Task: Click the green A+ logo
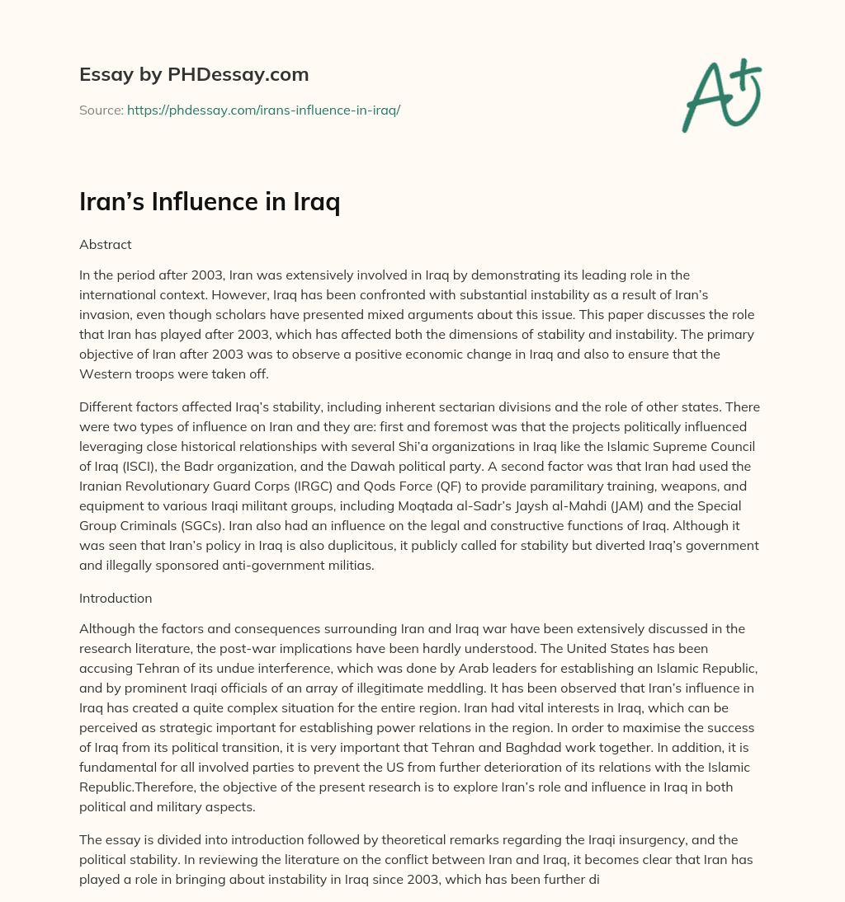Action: [x=720, y=96]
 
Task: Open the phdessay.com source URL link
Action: [x=263, y=110]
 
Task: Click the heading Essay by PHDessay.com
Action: [x=194, y=75]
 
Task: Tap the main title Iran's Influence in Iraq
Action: [x=210, y=202]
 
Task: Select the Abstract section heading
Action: [x=105, y=245]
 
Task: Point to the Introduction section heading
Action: [x=116, y=598]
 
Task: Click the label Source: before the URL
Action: [x=101, y=110]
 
